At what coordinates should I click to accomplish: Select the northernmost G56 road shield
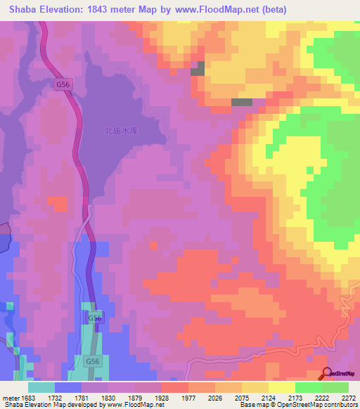pos(63,84)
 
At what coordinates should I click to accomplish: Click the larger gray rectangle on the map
pos(242,102)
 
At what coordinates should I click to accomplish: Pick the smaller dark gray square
pos(198,68)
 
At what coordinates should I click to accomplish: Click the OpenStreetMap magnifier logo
pos(327,375)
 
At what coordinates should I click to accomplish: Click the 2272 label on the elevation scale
pos(348,397)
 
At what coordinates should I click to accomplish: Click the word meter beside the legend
pos(9,397)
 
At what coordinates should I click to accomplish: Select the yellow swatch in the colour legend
pos(281,387)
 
